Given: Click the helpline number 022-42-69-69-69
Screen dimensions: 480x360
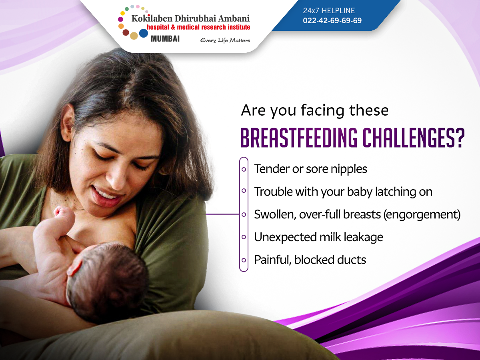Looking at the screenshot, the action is pos(332,20).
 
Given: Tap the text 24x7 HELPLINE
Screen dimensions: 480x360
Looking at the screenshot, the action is pos(329,10).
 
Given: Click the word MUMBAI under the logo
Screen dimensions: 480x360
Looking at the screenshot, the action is pos(165,39).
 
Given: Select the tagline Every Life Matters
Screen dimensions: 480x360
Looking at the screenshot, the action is pos(225,40).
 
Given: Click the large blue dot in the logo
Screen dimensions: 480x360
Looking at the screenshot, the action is pos(144,33).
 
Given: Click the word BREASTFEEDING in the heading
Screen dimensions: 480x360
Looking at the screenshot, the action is pos(299,138).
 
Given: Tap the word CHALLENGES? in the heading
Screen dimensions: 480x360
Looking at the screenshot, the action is pos(414,138).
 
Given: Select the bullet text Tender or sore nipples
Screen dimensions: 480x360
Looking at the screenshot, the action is pos(310,169).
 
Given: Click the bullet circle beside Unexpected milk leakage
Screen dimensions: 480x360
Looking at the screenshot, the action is pos(244,237).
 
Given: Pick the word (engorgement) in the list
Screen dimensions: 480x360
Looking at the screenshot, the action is pos(422,215).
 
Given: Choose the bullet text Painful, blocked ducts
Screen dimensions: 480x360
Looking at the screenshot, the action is pos(310,260).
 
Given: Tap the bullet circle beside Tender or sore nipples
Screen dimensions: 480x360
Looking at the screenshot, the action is pos(244,169).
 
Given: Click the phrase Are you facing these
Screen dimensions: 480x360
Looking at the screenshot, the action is pos(315,111).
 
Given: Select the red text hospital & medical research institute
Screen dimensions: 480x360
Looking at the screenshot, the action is pos(198,27).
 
